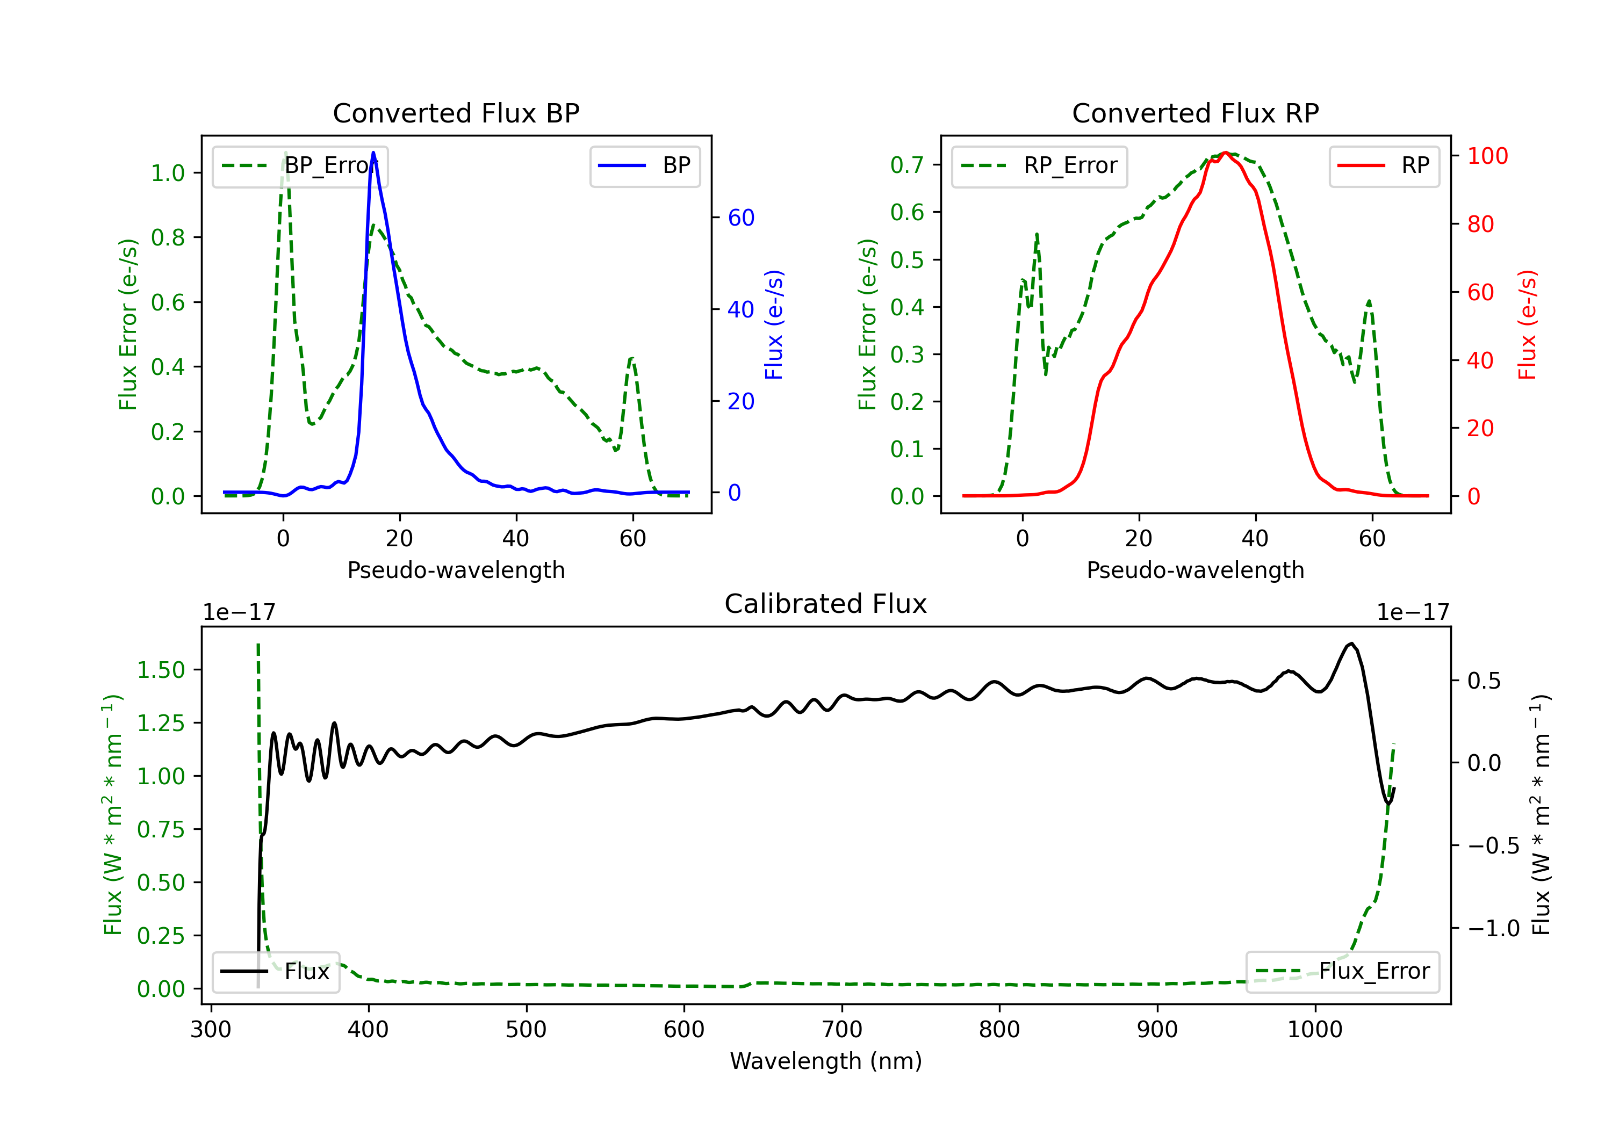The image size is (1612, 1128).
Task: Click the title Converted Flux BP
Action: pyautogui.click(x=456, y=113)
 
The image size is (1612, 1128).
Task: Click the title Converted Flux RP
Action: pyautogui.click(x=1195, y=113)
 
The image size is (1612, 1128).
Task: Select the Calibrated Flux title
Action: pyautogui.click(x=826, y=604)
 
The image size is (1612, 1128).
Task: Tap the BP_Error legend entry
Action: pyautogui.click(x=300, y=165)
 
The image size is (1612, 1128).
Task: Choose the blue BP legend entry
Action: pyautogui.click(x=644, y=165)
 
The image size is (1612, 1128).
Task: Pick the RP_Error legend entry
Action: pyautogui.click(x=1039, y=165)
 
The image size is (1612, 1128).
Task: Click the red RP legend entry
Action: pyautogui.click(x=1384, y=165)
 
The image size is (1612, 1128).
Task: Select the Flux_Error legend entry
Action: pyautogui.click(x=1342, y=972)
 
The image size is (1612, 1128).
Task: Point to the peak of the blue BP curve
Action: pyautogui.click(x=373, y=153)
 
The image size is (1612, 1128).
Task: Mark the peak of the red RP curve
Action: pyautogui.click(x=1225, y=153)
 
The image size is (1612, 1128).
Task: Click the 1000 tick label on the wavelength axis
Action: pyautogui.click(x=1314, y=1030)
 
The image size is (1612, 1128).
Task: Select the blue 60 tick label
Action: pyautogui.click(x=740, y=218)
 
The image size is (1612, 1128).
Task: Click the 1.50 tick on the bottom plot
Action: pyautogui.click(x=161, y=670)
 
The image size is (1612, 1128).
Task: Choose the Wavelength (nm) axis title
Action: pyautogui.click(x=826, y=1061)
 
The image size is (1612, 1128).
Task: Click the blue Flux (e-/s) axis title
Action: pyautogui.click(x=774, y=325)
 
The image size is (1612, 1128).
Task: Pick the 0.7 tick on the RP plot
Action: pyautogui.click(x=906, y=165)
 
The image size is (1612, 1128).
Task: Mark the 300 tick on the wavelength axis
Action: pyautogui.click(x=211, y=1030)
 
